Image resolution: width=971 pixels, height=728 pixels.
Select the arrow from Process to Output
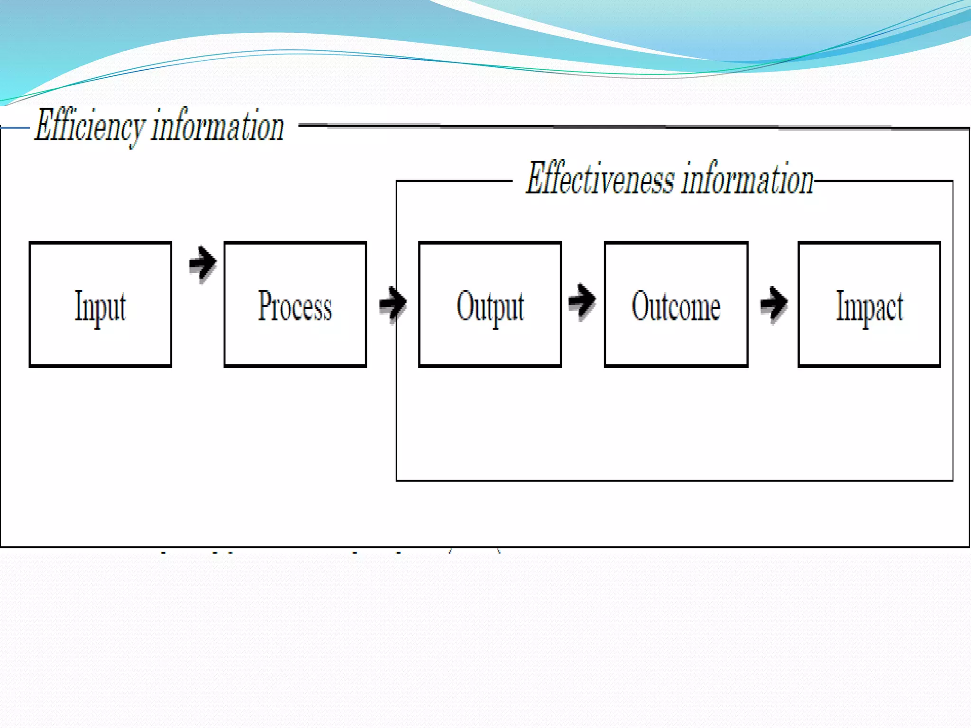pyautogui.click(x=393, y=303)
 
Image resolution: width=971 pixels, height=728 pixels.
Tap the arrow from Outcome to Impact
pyautogui.click(x=774, y=303)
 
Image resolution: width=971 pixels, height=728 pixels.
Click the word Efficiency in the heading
pyautogui.click(x=89, y=126)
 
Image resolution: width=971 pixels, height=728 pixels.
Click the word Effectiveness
pyautogui.click(x=600, y=179)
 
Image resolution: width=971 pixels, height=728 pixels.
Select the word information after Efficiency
pyautogui.click(x=218, y=126)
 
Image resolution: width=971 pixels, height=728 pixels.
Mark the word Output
pyautogui.click(x=490, y=307)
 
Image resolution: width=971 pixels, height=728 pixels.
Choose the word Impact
pyautogui.click(x=870, y=307)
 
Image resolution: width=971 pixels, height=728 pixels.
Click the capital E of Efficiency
pyautogui.click(x=44, y=125)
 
